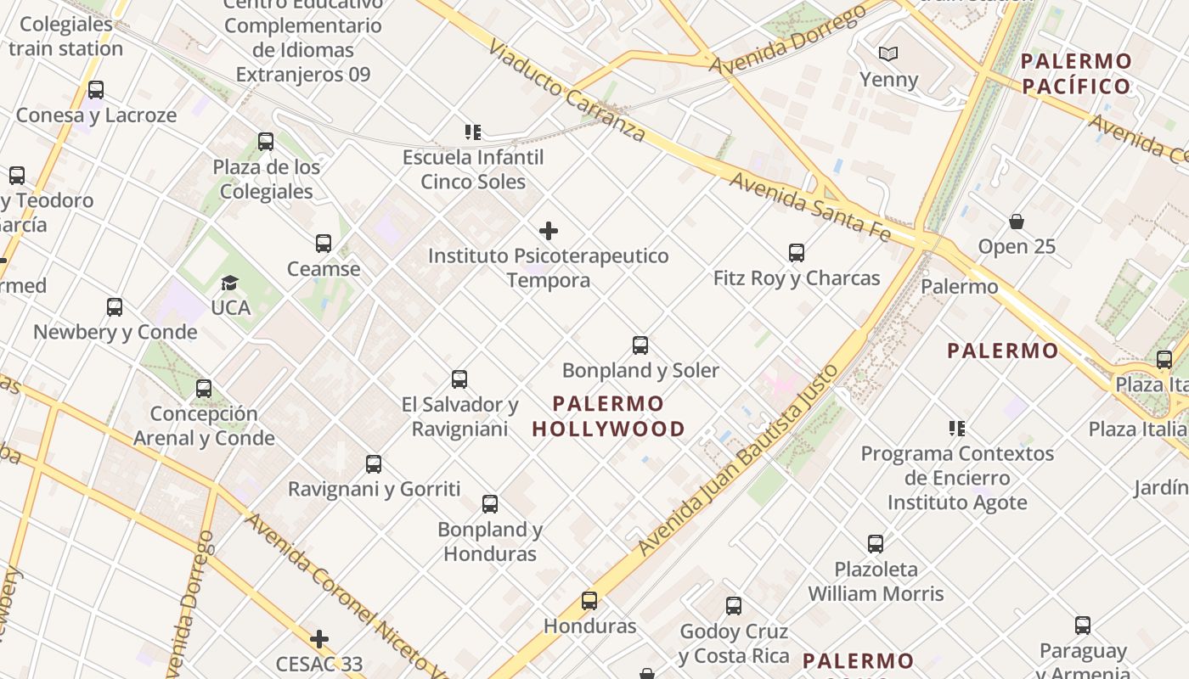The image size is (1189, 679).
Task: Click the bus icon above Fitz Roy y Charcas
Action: click(x=796, y=253)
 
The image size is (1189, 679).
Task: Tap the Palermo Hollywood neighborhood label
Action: click(x=608, y=416)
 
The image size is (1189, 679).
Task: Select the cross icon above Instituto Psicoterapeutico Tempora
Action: click(x=549, y=231)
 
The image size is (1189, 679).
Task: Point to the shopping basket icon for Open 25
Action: click(x=1017, y=222)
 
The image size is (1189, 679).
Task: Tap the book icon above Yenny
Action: click(x=888, y=54)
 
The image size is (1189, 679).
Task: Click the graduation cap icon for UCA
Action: click(x=229, y=283)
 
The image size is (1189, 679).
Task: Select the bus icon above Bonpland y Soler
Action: click(x=640, y=345)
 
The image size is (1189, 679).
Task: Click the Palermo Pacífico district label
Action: click(x=1076, y=73)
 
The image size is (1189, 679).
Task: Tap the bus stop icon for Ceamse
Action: click(x=324, y=244)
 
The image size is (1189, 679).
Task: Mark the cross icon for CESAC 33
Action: click(x=319, y=638)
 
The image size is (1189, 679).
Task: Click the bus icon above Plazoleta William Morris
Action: click(x=876, y=544)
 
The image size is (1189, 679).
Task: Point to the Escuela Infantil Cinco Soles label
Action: click(x=473, y=169)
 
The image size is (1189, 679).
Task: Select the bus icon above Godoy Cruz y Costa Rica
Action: click(x=734, y=606)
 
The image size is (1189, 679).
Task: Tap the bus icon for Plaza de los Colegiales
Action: click(x=266, y=142)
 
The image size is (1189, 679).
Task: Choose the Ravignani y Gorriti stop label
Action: click(x=374, y=489)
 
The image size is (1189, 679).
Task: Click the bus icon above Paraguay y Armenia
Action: click(x=1083, y=626)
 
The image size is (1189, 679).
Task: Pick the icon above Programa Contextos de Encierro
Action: click(x=957, y=429)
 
